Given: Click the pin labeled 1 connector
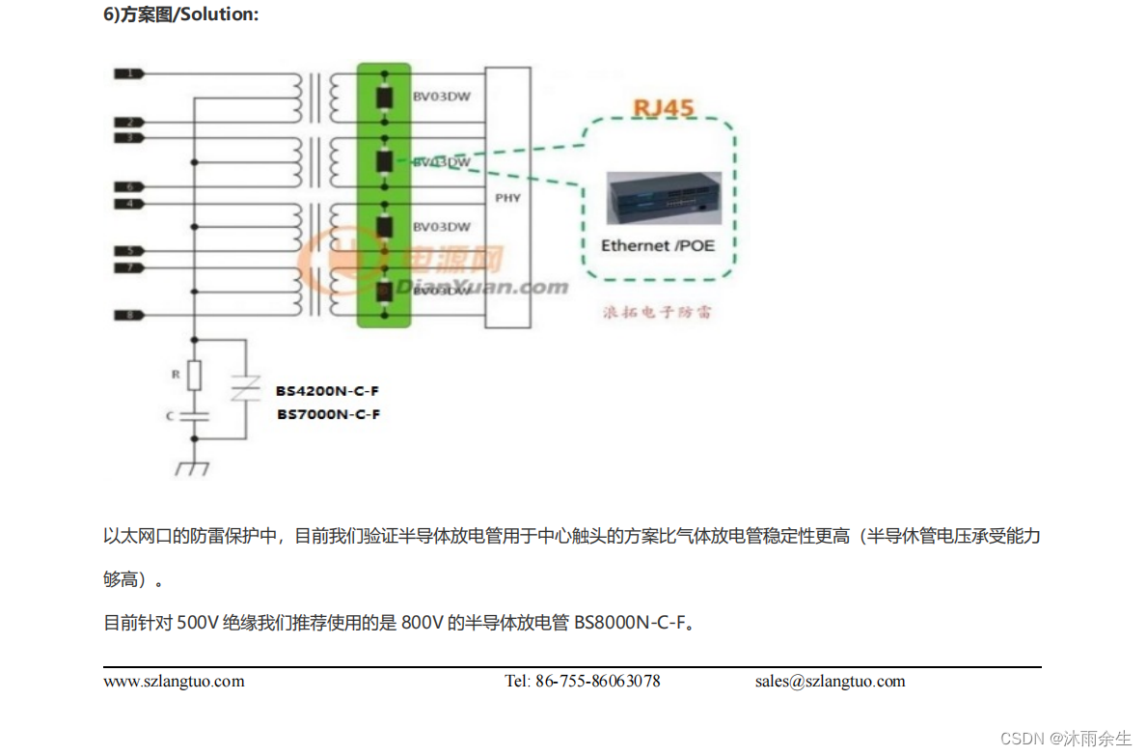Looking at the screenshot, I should point(128,73).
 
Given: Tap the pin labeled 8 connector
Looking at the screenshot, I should point(128,315).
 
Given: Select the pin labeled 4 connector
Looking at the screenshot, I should point(128,204).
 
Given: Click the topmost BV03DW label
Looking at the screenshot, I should point(441,97).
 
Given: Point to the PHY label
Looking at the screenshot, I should point(507,198).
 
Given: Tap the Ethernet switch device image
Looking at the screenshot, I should point(662,198).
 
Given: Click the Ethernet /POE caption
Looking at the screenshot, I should point(658,245).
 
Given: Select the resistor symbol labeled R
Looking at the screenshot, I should point(195,375).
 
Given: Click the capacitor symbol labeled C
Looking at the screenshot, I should point(195,416).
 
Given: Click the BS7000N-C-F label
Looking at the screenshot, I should point(328,414).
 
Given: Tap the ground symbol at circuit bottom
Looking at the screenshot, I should point(194,467).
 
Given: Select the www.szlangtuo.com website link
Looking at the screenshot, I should point(174,682).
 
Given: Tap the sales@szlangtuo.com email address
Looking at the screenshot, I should point(830,682).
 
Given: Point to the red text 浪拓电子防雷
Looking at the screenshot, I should point(658,312).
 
